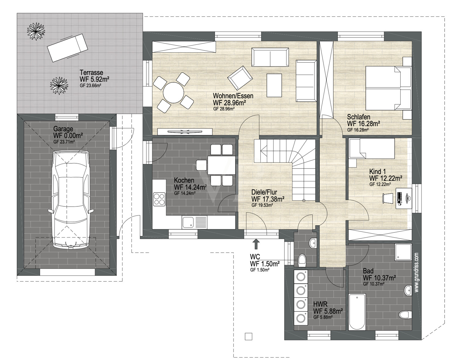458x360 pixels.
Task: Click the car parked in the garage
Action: [71, 200]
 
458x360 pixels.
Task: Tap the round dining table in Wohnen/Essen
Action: [173, 93]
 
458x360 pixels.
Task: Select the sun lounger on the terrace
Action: [67, 48]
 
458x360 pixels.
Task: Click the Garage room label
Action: [63, 129]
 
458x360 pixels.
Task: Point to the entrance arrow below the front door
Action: [256, 244]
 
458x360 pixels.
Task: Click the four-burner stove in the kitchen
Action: [159, 199]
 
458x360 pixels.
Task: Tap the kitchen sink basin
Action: [188, 222]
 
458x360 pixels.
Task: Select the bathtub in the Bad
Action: [357, 312]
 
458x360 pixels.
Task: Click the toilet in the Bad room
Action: [405, 315]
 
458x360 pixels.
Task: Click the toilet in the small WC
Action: [302, 260]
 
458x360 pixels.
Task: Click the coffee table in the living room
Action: [274, 85]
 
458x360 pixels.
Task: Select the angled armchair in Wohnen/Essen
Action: [240, 78]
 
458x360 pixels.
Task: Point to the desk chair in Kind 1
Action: [388, 198]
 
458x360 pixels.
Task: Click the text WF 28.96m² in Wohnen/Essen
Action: [230, 103]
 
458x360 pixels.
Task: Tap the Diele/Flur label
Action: [264, 192]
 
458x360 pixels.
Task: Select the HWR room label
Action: [320, 304]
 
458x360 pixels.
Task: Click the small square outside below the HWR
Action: [249, 336]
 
